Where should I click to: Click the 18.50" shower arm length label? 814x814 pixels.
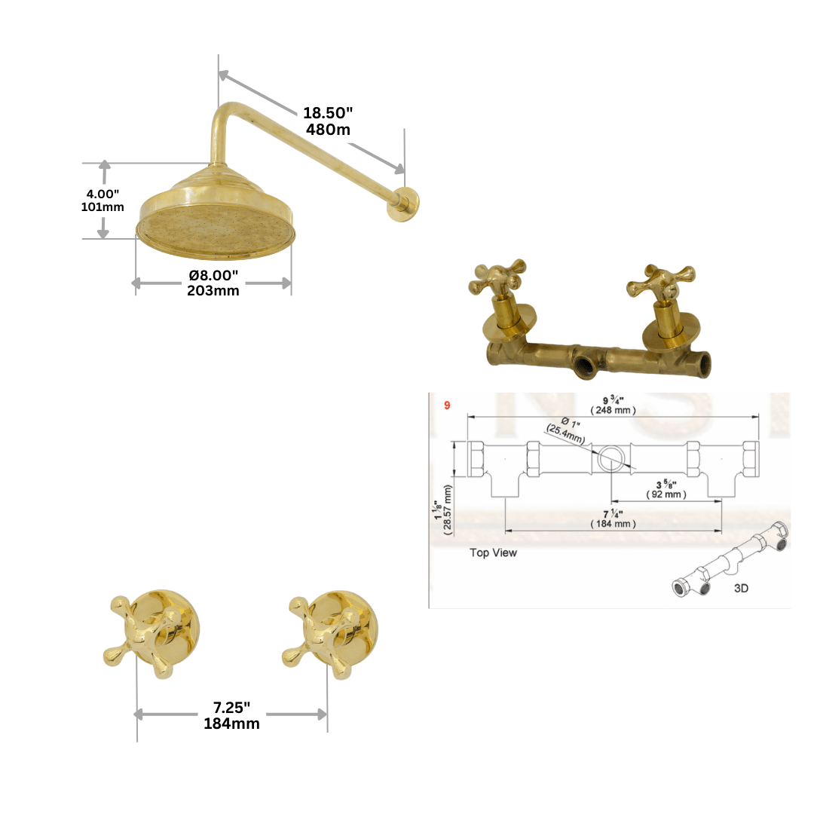pos(328,113)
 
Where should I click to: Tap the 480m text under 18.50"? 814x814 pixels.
pos(328,129)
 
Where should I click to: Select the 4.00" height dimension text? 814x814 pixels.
pos(103,194)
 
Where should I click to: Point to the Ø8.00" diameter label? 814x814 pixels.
pos(213,276)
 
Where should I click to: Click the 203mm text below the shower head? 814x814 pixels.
pos(213,290)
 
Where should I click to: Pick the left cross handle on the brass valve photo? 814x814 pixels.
pos(497,279)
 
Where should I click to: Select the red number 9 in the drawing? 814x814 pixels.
pos(447,405)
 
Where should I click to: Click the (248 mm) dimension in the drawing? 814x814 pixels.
pos(614,410)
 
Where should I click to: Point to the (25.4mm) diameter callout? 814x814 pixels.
pos(565,434)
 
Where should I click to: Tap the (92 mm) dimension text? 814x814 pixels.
pos(666,494)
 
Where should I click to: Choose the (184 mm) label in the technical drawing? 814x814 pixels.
pos(614,524)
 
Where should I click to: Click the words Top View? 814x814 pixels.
pos(493,552)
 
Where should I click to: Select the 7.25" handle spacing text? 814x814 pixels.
pos(231,708)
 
